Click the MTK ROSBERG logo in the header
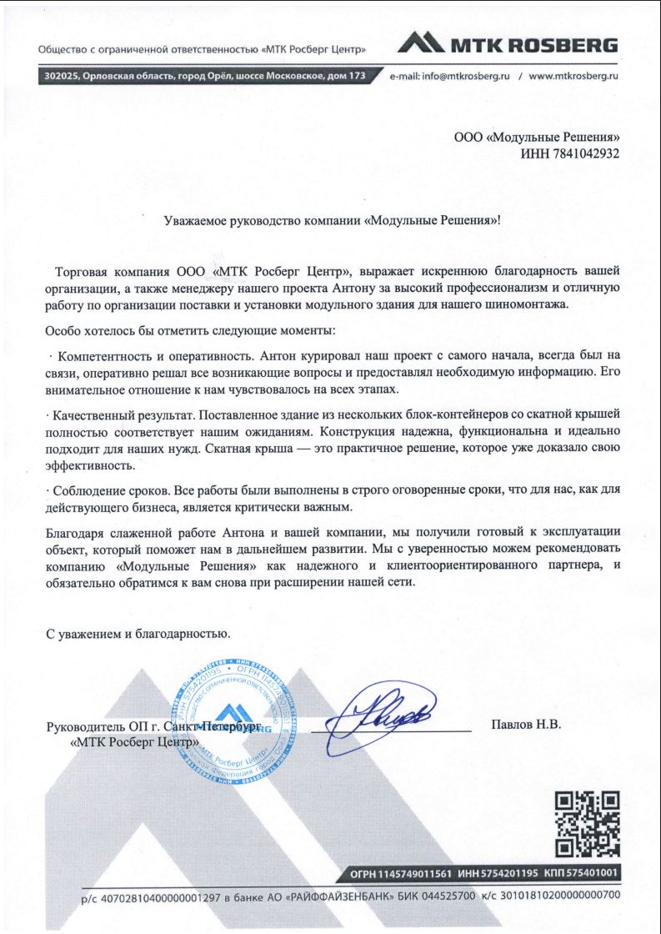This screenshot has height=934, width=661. [508, 44]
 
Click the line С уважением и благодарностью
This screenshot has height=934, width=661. [137, 633]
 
